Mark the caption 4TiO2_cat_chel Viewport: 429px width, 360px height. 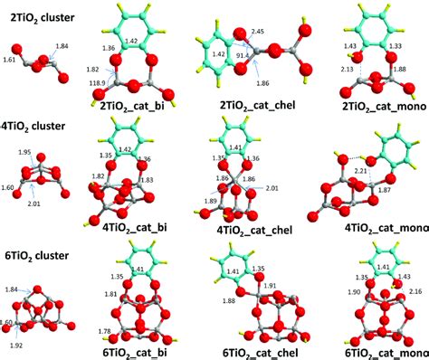[254, 229]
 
